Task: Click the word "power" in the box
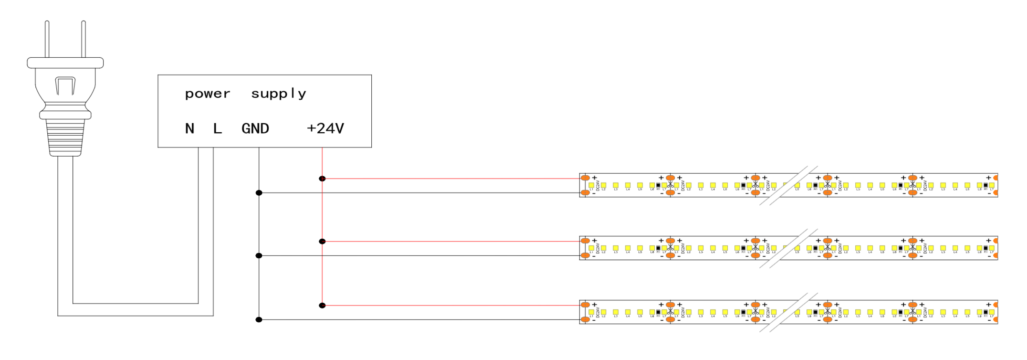(x=207, y=94)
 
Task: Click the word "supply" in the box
(x=279, y=94)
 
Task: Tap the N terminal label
(x=189, y=128)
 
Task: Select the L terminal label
(x=217, y=128)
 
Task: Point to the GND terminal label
(x=255, y=128)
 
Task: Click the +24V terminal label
(x=325, y=128)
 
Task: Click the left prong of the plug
(x=47, y=39)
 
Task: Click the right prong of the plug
(x=84, y=39)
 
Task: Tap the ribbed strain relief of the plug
(x=65, y=137)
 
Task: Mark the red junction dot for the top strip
(x=322, y=179)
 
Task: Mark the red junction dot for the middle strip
(x=322, y=242)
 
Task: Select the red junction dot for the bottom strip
(x=322, y=306)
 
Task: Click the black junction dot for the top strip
(x=259, y=193)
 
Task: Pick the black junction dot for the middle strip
(x=259, y=256)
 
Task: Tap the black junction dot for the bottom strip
(x=259, y=320)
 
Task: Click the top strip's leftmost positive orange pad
(x=585, y=178)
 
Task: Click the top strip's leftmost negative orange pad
(x=585, y=193)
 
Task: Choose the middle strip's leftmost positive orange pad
(x=585, y=241)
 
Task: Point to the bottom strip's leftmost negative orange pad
(x=585, y=320)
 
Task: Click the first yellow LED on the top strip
(x=591, y=185)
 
